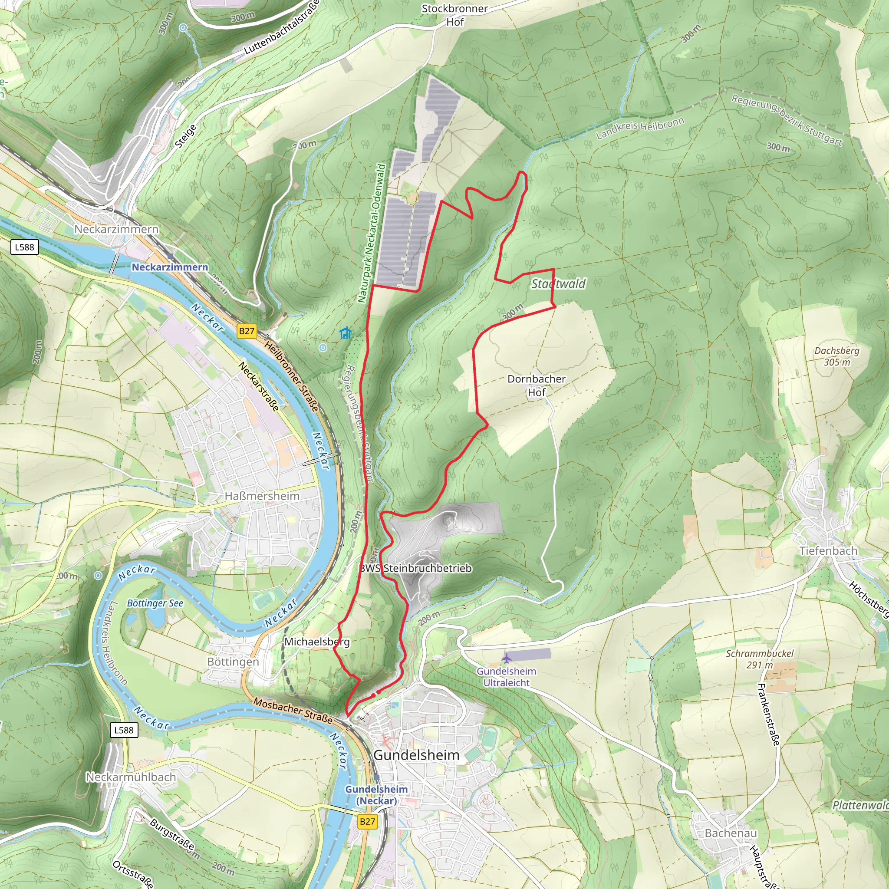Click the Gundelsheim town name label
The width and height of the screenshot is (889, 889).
point(416,755)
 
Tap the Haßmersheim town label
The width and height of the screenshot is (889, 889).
point(262,496)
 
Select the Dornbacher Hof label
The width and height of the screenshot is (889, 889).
point(536,385)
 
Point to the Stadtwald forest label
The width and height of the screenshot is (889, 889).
point(558,283)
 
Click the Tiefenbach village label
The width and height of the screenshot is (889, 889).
point(828,551)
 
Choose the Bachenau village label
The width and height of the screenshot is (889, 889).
point(730,833)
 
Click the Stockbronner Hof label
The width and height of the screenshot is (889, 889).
point(454,15)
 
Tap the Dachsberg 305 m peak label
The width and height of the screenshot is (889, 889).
point(836,356)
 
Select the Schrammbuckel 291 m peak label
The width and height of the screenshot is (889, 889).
point(760,659)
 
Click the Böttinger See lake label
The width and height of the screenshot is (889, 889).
point(155,603)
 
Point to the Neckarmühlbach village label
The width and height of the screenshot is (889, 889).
point(131,777)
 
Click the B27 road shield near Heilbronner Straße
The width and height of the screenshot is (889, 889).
point(247,331)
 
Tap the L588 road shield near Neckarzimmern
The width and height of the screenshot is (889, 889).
point(24,247)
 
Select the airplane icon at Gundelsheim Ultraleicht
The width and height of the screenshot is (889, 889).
point(506,658)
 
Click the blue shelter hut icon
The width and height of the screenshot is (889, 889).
point(345,333)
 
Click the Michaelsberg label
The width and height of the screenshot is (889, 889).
point(316,642)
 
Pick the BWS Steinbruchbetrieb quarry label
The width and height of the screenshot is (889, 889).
point(415,568)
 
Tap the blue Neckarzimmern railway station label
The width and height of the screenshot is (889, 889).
point(170,267)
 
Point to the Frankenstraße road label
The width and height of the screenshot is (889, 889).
point(768,714)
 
